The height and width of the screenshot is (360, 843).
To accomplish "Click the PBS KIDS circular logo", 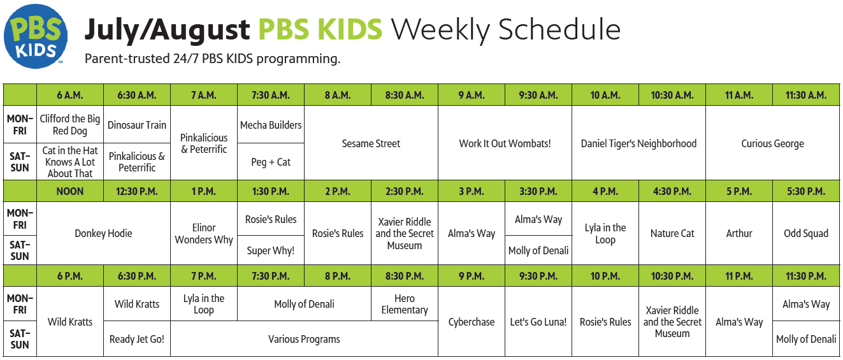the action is (x=36, y=36).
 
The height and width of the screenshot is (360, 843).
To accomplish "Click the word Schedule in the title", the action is (x=559, y=29).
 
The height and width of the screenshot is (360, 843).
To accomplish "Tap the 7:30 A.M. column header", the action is (x=271, y=95).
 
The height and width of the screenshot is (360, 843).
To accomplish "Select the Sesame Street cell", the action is (x=371, y=143).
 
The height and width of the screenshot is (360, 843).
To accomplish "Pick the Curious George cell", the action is (x=772, y=143).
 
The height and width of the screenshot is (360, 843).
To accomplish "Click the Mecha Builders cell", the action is (x=271, y=124).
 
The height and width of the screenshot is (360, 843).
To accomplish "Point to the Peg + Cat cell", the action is (x=271, y=162).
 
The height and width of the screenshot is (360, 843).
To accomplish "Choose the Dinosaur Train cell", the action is (x=137, y=124).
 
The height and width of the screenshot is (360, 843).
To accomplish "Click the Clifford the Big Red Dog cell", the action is (x=70, y=124).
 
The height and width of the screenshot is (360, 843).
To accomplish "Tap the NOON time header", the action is (x=70, y=191).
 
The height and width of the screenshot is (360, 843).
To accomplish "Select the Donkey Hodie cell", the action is (x=103, y=233).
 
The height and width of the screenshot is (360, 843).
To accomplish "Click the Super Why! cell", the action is (x=271, y=250).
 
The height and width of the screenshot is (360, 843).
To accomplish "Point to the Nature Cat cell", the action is (x=672, y=233).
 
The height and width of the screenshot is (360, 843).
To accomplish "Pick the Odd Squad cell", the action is (x=806, y=233).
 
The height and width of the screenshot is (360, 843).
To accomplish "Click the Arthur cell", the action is (x=739, y=233).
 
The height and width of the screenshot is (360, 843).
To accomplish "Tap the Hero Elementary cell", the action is (x=405, y=304).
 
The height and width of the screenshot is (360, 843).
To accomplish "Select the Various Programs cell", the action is (x=304, y=339).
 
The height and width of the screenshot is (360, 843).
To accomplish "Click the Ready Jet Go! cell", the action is (x=137, y=339).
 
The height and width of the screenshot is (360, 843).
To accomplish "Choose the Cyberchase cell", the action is (x=472, y=322).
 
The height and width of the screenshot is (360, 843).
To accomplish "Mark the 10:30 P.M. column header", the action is (x=672, y=276).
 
